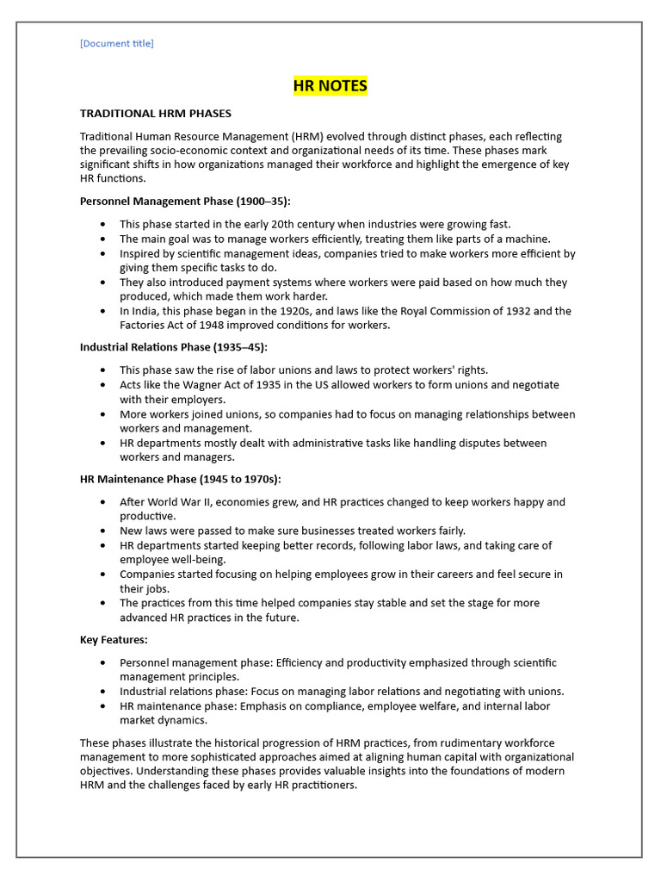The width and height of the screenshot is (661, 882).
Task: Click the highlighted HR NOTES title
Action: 330,85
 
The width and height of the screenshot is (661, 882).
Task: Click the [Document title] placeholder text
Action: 116,43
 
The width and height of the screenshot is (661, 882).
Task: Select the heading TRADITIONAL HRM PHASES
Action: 155,114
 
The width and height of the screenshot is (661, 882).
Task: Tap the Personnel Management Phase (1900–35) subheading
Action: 185,202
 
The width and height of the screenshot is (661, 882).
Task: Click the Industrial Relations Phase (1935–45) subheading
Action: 173,347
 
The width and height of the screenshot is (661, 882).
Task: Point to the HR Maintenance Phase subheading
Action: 180,479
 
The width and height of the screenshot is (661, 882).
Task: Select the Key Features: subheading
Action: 114,640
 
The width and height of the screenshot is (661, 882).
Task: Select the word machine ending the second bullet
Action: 528,239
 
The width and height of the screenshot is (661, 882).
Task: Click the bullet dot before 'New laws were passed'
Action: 103,531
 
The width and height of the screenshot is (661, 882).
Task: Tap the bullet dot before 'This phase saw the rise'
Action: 103,370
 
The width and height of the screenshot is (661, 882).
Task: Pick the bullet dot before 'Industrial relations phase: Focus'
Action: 103,692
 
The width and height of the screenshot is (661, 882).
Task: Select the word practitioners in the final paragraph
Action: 324,786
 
